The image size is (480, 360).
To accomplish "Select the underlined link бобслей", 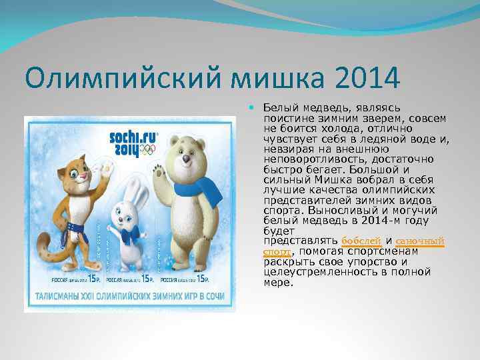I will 361,240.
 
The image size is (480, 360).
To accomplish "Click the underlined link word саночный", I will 419,240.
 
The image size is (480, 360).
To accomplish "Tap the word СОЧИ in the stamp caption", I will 213,296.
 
